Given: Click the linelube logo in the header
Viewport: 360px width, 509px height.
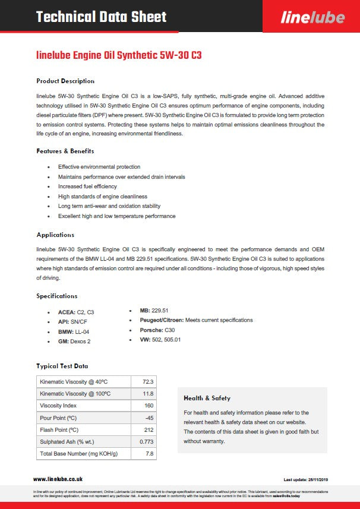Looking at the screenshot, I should point(312,17).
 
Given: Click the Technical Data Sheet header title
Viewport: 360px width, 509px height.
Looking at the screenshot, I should point(102,17).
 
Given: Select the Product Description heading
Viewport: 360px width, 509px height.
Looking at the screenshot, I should point(65,81).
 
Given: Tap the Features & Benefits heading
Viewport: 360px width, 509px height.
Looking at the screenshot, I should point(65,151).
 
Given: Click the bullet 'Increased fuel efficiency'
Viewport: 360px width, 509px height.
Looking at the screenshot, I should point(87,186).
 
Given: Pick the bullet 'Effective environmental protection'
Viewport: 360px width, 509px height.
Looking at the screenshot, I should point(99,167).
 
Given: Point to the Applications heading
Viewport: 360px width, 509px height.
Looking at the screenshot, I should point(55,235).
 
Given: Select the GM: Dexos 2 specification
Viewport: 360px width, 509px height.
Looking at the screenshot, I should point(74,342).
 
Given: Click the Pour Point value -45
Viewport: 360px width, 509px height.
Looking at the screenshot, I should point(149,418).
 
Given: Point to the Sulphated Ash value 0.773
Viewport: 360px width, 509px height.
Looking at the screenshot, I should point(146,442).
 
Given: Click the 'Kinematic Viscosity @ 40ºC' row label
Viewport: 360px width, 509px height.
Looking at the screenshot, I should point(74,381).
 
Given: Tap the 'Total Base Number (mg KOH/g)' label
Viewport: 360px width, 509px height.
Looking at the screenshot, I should point(79,454).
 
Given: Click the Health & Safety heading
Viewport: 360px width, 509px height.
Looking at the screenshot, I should point(207,398).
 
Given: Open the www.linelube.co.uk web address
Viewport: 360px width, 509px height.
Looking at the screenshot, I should point(58,479).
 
